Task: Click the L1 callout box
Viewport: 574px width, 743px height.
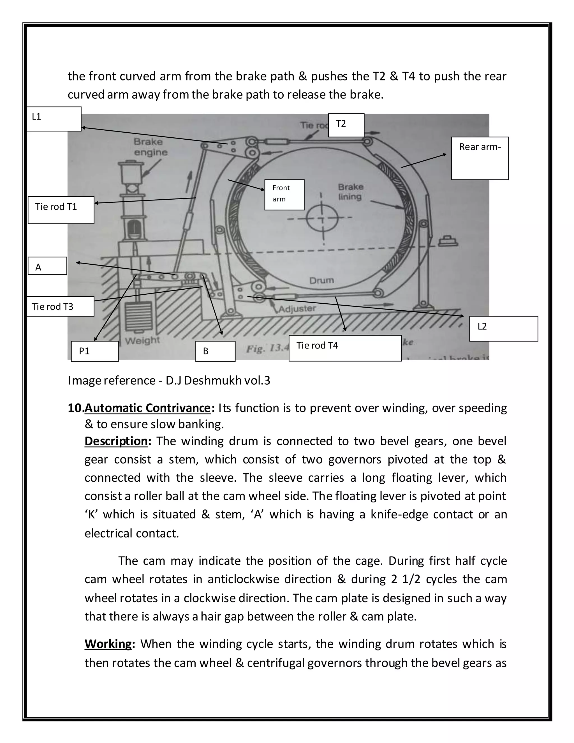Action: [54, 119]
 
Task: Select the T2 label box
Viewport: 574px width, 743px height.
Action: [346, 125]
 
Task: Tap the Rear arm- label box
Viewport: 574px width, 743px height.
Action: [480, 158]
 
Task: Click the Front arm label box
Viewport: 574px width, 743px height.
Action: [284, 195]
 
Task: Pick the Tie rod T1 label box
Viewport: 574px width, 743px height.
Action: [61, 210]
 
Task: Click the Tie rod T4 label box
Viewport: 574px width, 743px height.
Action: [344, 348]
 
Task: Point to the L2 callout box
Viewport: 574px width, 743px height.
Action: [503, 329]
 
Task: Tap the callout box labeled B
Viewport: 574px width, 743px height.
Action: [215, 351]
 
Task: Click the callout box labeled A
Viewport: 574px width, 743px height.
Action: [47, 266]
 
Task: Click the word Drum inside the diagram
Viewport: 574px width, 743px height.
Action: [321, 280]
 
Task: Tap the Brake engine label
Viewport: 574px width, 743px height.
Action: [148, 147]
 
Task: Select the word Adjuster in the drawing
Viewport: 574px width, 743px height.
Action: [297, 309]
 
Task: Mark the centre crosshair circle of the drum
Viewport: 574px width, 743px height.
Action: [322, 218]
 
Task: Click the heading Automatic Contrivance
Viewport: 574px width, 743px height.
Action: [148, 408]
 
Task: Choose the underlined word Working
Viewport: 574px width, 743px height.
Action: [108, 644]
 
